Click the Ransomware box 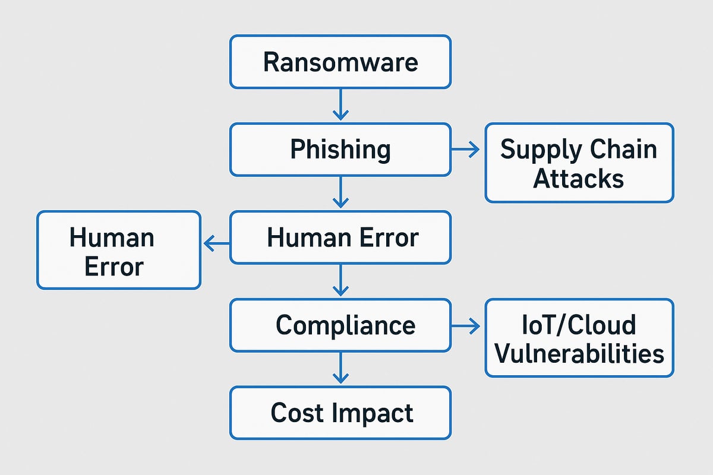click(340, 62)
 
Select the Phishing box click(340, 150)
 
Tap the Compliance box click(340, 325)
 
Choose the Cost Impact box click(340, 413)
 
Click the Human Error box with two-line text click(119, 250)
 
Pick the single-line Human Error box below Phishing click(340, 237)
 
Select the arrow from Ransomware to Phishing click(340, 104)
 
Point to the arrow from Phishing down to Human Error click(340, 192)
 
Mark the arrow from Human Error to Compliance click(340, 280)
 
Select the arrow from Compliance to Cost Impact click(340, 368)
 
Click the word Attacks click(578, 178)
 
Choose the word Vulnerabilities click(579, 354)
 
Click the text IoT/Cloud click(579, 325)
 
